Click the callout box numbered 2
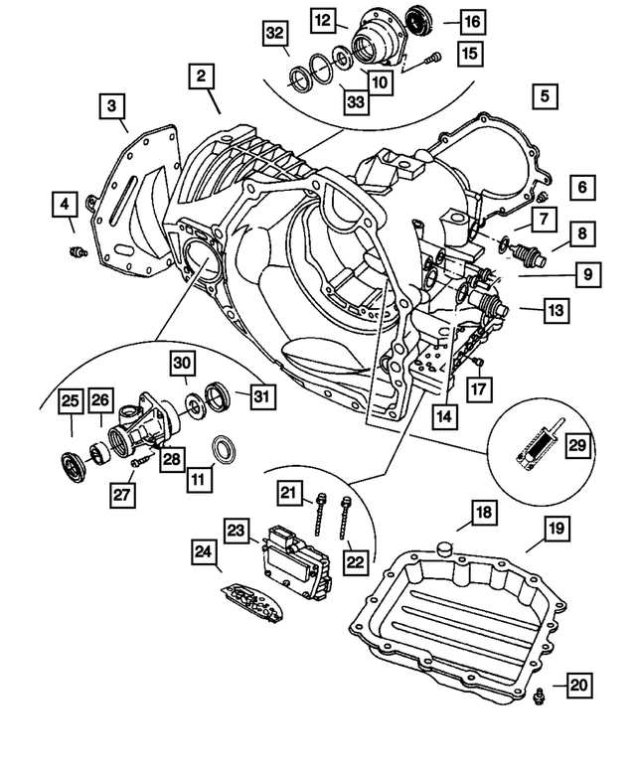[x=202, y=77]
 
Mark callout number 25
[x=69, y=401]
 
